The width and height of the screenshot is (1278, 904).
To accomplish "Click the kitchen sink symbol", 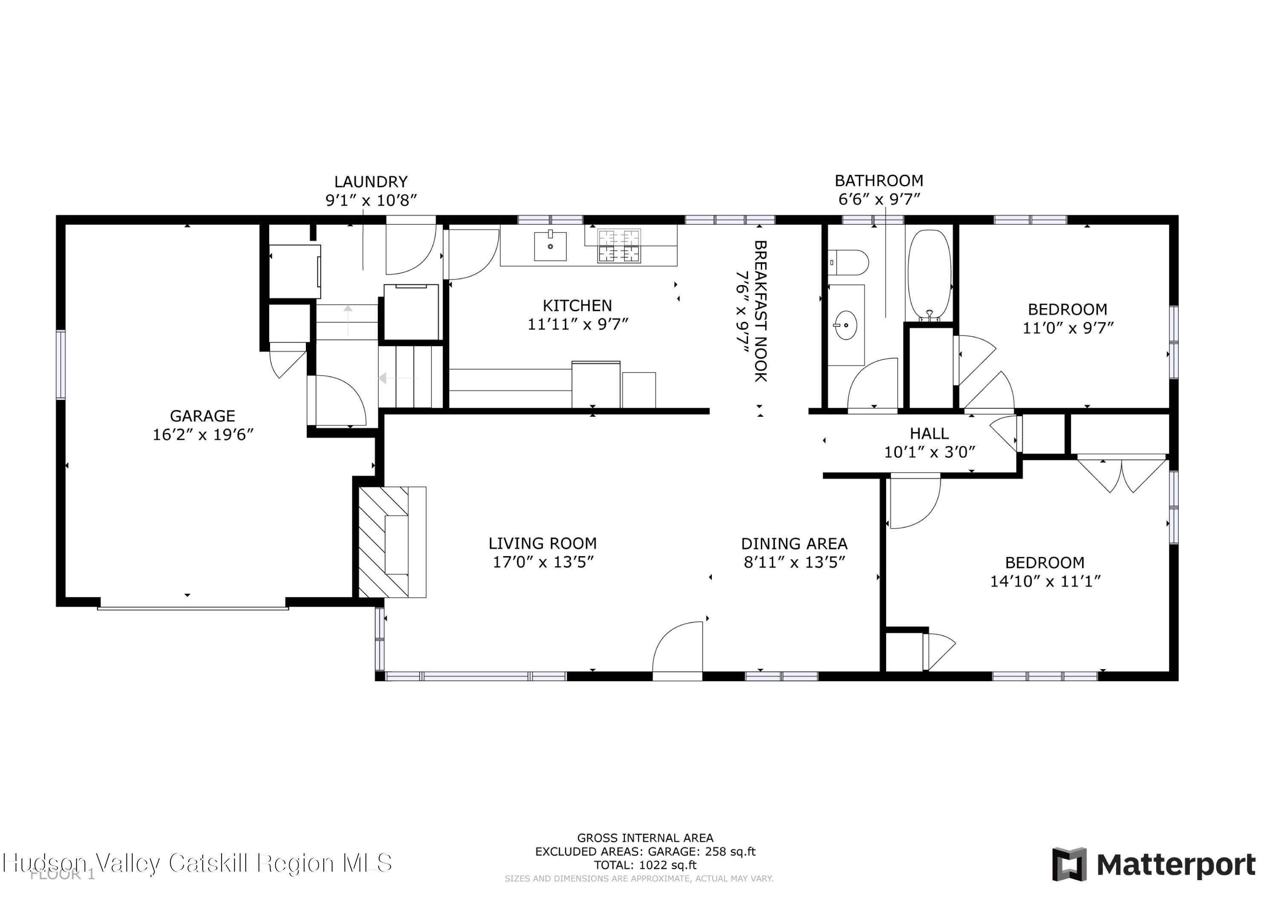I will click(550, 246).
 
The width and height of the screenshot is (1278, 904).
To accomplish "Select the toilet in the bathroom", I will click(848, 263).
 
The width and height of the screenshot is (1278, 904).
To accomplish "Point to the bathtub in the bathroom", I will click(929, 274).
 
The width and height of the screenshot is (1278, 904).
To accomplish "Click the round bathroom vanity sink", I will click(846, 325).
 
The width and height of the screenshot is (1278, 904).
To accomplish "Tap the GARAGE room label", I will click(203, 416).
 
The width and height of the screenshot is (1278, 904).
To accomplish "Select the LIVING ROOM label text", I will click(543, 543).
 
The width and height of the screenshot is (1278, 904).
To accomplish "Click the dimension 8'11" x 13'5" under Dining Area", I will click(794, 562).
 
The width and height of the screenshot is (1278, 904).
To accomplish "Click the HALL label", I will click(929, 433).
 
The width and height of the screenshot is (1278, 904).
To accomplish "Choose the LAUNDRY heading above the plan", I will click(371, 182).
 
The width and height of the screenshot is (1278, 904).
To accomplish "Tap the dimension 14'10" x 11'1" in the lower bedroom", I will click(1045, 581).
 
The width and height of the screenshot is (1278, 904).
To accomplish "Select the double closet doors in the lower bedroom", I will click(1121, 474).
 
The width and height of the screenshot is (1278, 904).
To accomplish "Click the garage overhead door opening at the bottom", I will click(193, 608).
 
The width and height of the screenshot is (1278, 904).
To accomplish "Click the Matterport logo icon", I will click(1069, 864).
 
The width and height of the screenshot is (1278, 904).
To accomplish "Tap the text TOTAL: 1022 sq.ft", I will click(645, 865).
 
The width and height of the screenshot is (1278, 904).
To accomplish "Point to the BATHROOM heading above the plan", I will click(878, 180).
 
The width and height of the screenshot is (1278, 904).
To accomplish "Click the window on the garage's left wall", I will click(60, 364).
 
